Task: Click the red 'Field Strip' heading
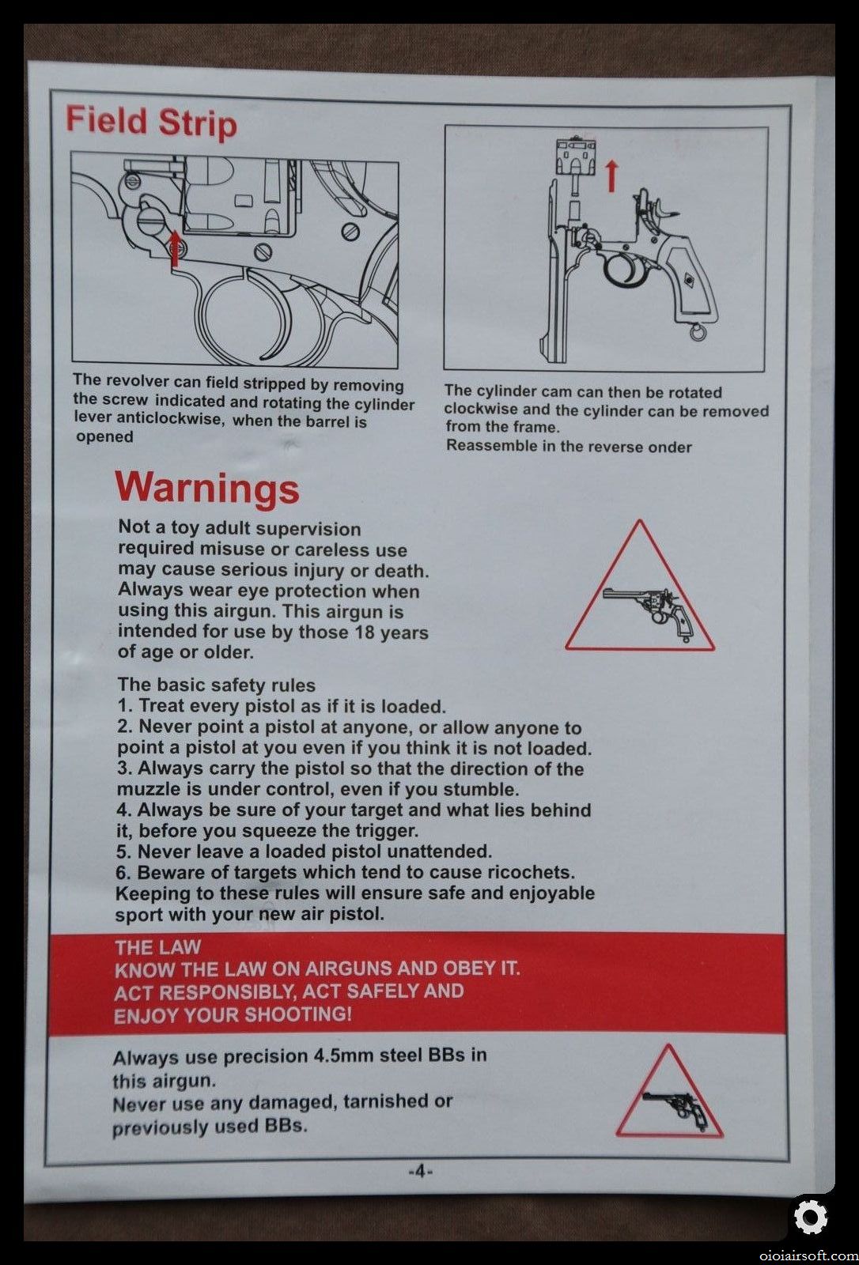tap(151, 122)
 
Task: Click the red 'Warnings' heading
tap(207, 487)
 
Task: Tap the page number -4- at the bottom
tap(421, 1171)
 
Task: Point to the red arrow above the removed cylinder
tap(611, 176)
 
